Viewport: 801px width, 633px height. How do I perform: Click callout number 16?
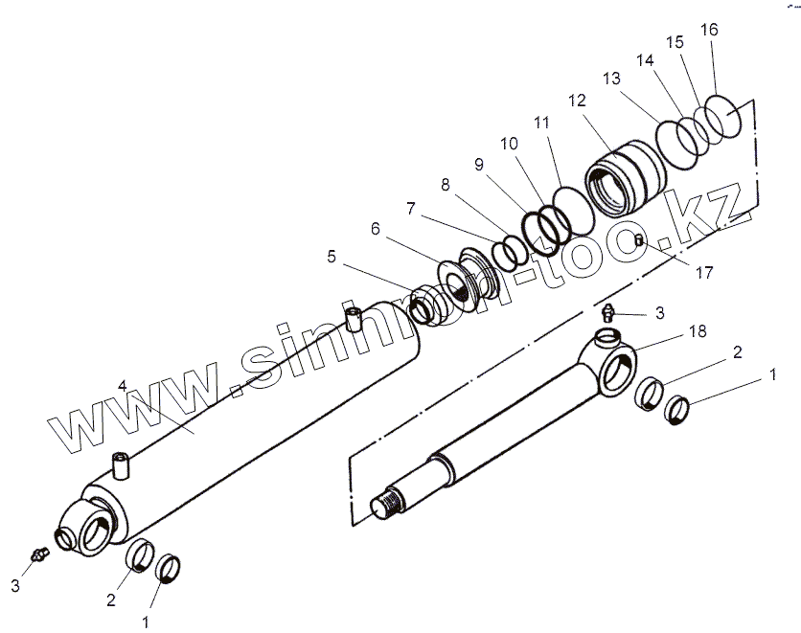(708, 30)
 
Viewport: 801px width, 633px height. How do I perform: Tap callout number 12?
(576, 100)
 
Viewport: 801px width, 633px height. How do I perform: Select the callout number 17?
(704, 273)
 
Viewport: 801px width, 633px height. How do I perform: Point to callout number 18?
(697, 330)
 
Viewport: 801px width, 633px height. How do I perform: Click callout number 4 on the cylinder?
(123, 385)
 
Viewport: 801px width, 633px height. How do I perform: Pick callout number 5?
(332, 256)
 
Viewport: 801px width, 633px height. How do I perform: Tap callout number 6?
(375, 229)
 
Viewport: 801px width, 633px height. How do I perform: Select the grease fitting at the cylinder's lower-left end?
(38, 554)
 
